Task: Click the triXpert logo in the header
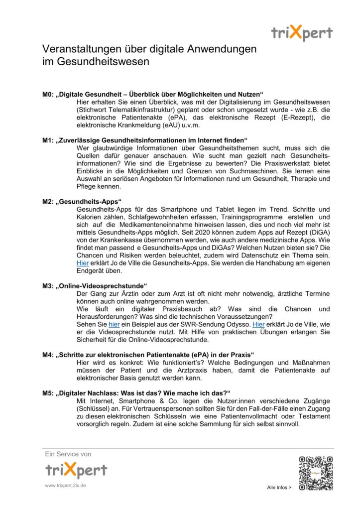[x=302, y=33]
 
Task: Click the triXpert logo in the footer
[x=76, y=470]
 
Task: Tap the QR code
[x=315, y=472]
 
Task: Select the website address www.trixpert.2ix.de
[x=65, y=485]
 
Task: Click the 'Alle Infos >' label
[x=279, y=488]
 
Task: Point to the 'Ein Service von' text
[x=68, y=454]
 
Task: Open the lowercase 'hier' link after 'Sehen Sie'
[x=115, y=324]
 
